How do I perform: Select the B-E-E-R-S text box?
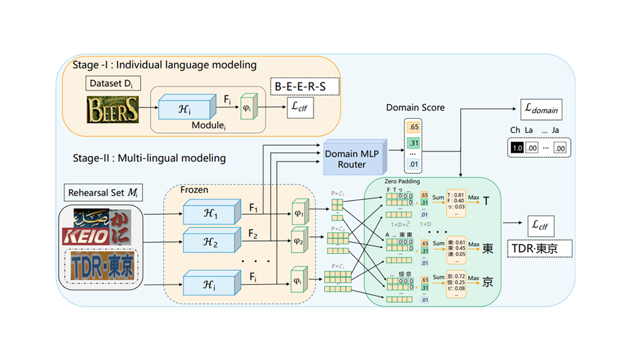click(303, 85)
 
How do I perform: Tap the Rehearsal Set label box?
click(102, 192)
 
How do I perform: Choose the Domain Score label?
click(415, 107)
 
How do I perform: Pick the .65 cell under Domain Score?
click(413, 128)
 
